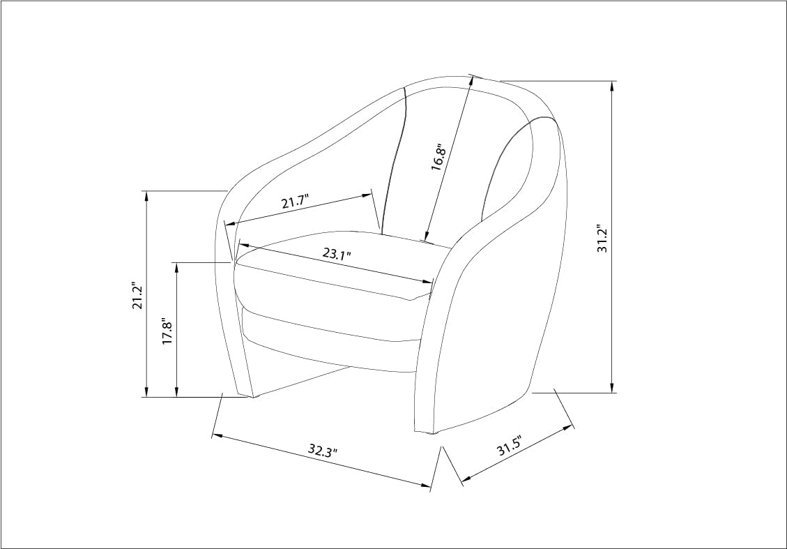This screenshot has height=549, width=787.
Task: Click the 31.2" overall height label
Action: click(x=602, y=239)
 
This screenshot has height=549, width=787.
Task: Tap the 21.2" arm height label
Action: click(x=138, y=295)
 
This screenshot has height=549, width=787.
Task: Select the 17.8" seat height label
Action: click(x=167, y=331)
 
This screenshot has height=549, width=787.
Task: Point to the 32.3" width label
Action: click(x=323, y=450)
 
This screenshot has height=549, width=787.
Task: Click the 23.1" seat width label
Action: click(x=336, y=253)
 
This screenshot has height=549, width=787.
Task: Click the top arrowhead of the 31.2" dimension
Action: click(x=611, y=87)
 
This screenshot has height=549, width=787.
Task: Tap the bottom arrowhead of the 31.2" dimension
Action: click(x=611, y=387)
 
